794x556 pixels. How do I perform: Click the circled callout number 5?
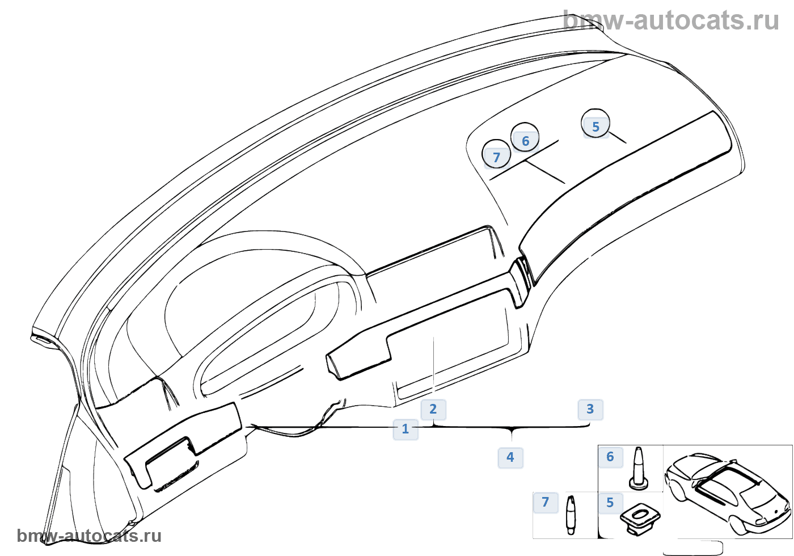tap(595, 126)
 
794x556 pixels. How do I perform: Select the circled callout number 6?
tap(525, 140)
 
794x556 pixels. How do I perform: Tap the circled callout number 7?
tap(496, 157)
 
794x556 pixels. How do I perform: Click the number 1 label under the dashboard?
tap(406, 429)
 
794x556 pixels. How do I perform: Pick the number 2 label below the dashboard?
tap(433, 409)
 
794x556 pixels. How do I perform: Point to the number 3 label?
tap(590, 409)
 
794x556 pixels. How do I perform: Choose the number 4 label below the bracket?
tap(510, 457)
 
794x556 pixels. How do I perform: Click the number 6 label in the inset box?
tap(610, 457)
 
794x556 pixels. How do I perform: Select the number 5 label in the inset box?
tap(610, 503)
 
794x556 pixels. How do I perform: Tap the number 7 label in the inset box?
tap(546, 502)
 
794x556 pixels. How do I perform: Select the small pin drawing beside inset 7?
tap(571, 514)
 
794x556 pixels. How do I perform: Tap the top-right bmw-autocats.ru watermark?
tap(671, 20)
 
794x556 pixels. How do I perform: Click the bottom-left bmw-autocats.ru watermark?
tap(89, 536)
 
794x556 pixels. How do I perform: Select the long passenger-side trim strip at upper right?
tap(630, 193)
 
